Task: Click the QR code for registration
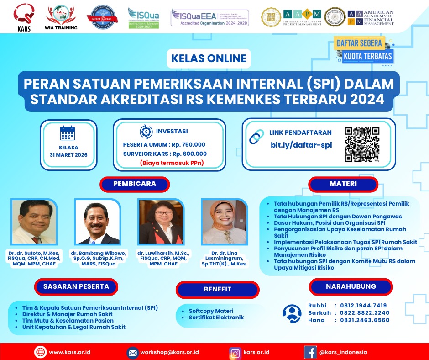[362, 144]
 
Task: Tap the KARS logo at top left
[22, 17]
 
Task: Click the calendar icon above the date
[68, 133]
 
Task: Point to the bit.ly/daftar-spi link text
[301, 145]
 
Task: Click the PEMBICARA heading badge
[135, 184]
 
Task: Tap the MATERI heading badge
[343, 184]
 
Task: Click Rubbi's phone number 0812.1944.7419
[361, 306]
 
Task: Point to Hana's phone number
[361, 320]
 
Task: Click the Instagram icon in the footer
[235, 353]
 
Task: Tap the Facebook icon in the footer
[310, 353]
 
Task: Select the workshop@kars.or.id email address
[169, 353]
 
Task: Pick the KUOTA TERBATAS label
[368, 57]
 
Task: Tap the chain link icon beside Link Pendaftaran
[256, 136]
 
